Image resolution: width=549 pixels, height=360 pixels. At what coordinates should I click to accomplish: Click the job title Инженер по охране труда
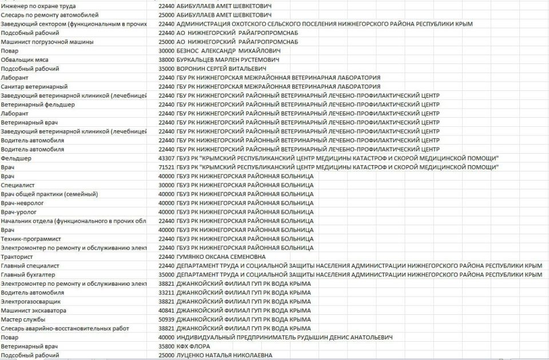(38, 6)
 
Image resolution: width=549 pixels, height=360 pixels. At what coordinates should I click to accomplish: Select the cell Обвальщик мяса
(25, 59)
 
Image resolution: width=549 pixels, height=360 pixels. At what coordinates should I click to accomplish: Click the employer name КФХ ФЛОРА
(193, 346)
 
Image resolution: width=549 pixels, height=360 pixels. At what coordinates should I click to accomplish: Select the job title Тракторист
(18, 257)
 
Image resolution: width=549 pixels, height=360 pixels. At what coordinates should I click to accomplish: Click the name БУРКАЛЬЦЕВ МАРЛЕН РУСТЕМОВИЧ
(228, 59)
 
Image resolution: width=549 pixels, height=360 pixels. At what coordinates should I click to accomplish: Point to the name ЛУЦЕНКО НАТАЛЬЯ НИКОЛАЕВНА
(224, 355)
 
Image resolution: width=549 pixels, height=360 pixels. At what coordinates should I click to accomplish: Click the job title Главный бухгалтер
(28, 274)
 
